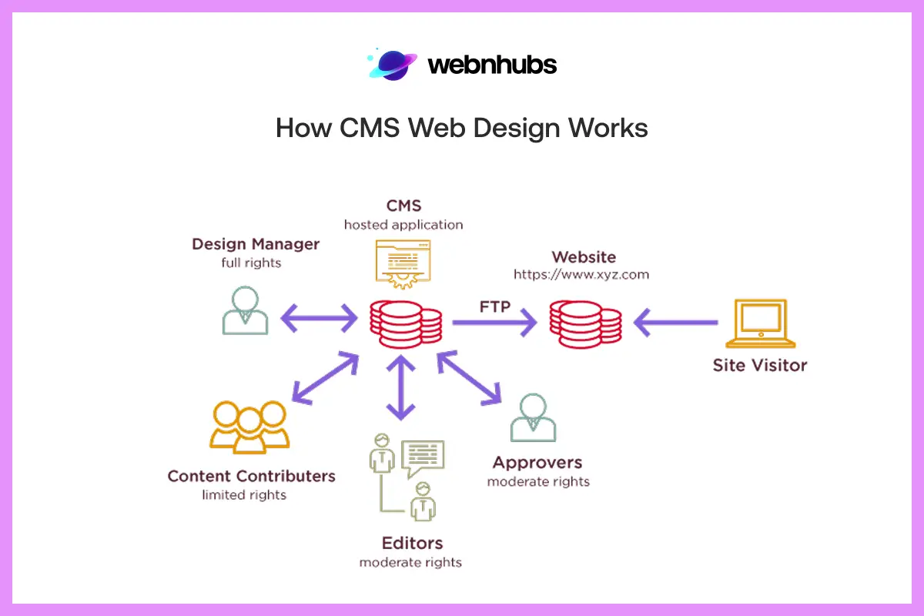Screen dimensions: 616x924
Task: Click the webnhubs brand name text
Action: pos(491,65)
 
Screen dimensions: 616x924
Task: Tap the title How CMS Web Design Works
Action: pos(461,128)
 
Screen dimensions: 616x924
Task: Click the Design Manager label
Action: pos(255,245)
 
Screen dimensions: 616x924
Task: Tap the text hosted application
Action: pos(403,226)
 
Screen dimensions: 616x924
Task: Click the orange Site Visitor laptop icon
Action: pos(759,324)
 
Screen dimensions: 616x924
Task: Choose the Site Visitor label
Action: pos(759,365)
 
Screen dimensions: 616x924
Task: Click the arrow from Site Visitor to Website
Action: pos(675,323)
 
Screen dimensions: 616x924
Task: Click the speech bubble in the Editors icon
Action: pos(423,457)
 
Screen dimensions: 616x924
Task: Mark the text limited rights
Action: pos(244,495)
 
